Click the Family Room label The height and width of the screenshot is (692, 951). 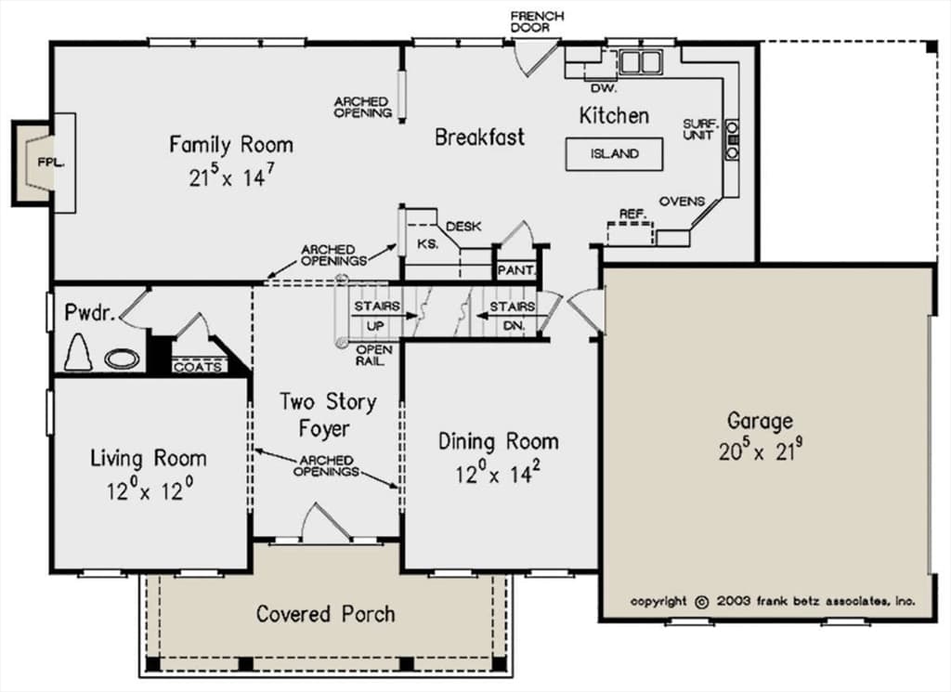pyautogui.click(x=231, y=145)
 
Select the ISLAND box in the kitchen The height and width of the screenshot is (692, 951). pyautogui.click(x=615, y=154)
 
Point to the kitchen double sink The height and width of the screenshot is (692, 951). pyautogui.click(x=640, y=61)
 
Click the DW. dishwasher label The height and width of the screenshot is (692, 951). pyautogui.click(x=604, y=88)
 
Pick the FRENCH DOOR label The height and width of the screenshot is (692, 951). pyautogui.click(x=537, y=22)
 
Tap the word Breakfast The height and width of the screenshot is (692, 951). pyautogui.click(x=480, y=137)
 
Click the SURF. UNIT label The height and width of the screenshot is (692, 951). pyautogui.click(x=700, y=129)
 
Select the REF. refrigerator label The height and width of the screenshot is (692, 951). pyautogui.click(x=633, y=214)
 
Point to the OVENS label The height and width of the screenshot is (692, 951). pyautogui.click(x=682, y=202)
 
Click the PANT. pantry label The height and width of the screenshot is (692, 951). pyautogui.click(x=515, y=270)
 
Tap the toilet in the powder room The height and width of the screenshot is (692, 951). pyautogui.click(x=78, y=352)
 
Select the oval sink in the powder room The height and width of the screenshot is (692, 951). pyautogui.click(x=123, y=359)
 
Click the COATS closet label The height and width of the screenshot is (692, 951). pyautogui.click(x=198, y=367)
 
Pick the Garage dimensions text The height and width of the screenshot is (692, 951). pyautogui.click(x=761, y=450)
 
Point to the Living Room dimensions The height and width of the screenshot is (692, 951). pyautogui.click(x=150, y=490)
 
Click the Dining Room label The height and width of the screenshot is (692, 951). pyautogui.click(x=499, y=441)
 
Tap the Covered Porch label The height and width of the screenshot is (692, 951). pyautogui.click(x=326, y=614)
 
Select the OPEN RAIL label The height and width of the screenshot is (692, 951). pyautogui.click(x=374, y=356)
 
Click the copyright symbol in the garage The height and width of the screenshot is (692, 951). pyautogui.click(x=702, y=602)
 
